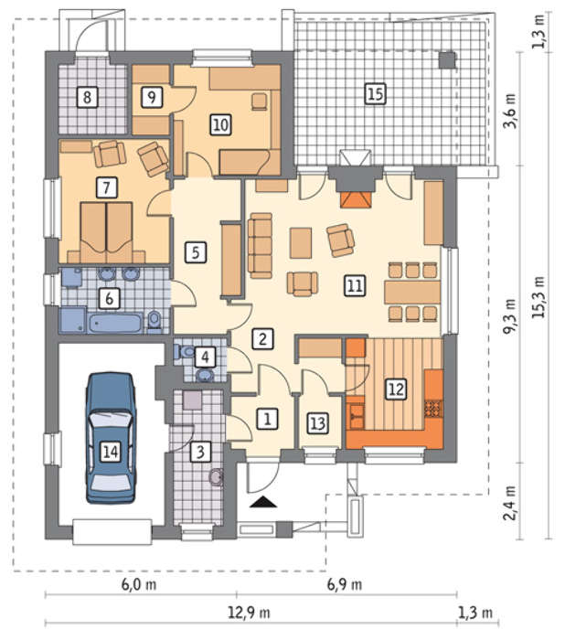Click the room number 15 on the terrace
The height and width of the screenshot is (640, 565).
pyautogui.click(x=375, y=93)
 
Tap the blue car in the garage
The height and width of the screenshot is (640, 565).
pyautogui.click(x=111, y=438)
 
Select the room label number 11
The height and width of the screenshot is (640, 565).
pyautogui.click(x=355, y=285)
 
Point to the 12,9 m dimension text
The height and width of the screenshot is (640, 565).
pyautogui.click(x=249, y=613)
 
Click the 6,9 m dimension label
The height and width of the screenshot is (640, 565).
pyautogui.click(x=344, y=584)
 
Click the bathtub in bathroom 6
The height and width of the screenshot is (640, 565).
pyautogui.click(x=116, y=324)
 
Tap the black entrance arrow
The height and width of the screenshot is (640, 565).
pyautogui.click(x=263, y=502)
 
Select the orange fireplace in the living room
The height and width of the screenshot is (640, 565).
pyautogui.click(x=356, y=200)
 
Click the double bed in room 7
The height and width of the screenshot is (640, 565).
pyautogui.click(x=107, y=232)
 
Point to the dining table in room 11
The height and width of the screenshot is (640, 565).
pyautogui.click(x=412, y=292)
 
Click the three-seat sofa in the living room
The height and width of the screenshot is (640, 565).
pyautogui.click(x=260, y=246)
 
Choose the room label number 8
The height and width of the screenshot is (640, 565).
pyautogui.click(x=87, y=97)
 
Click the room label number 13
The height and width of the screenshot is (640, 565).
pyautogui.click(x=318, y=423)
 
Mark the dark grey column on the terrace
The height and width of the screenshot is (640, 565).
pyautogui.click(x=447, y=59)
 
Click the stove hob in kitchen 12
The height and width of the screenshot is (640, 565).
pyautogui.click(x=433, y=408)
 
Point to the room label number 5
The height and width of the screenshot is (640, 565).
pyautogui.click(x=196, y=251)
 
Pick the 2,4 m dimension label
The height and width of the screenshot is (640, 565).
pyautogui.click(x=509, y=503)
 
